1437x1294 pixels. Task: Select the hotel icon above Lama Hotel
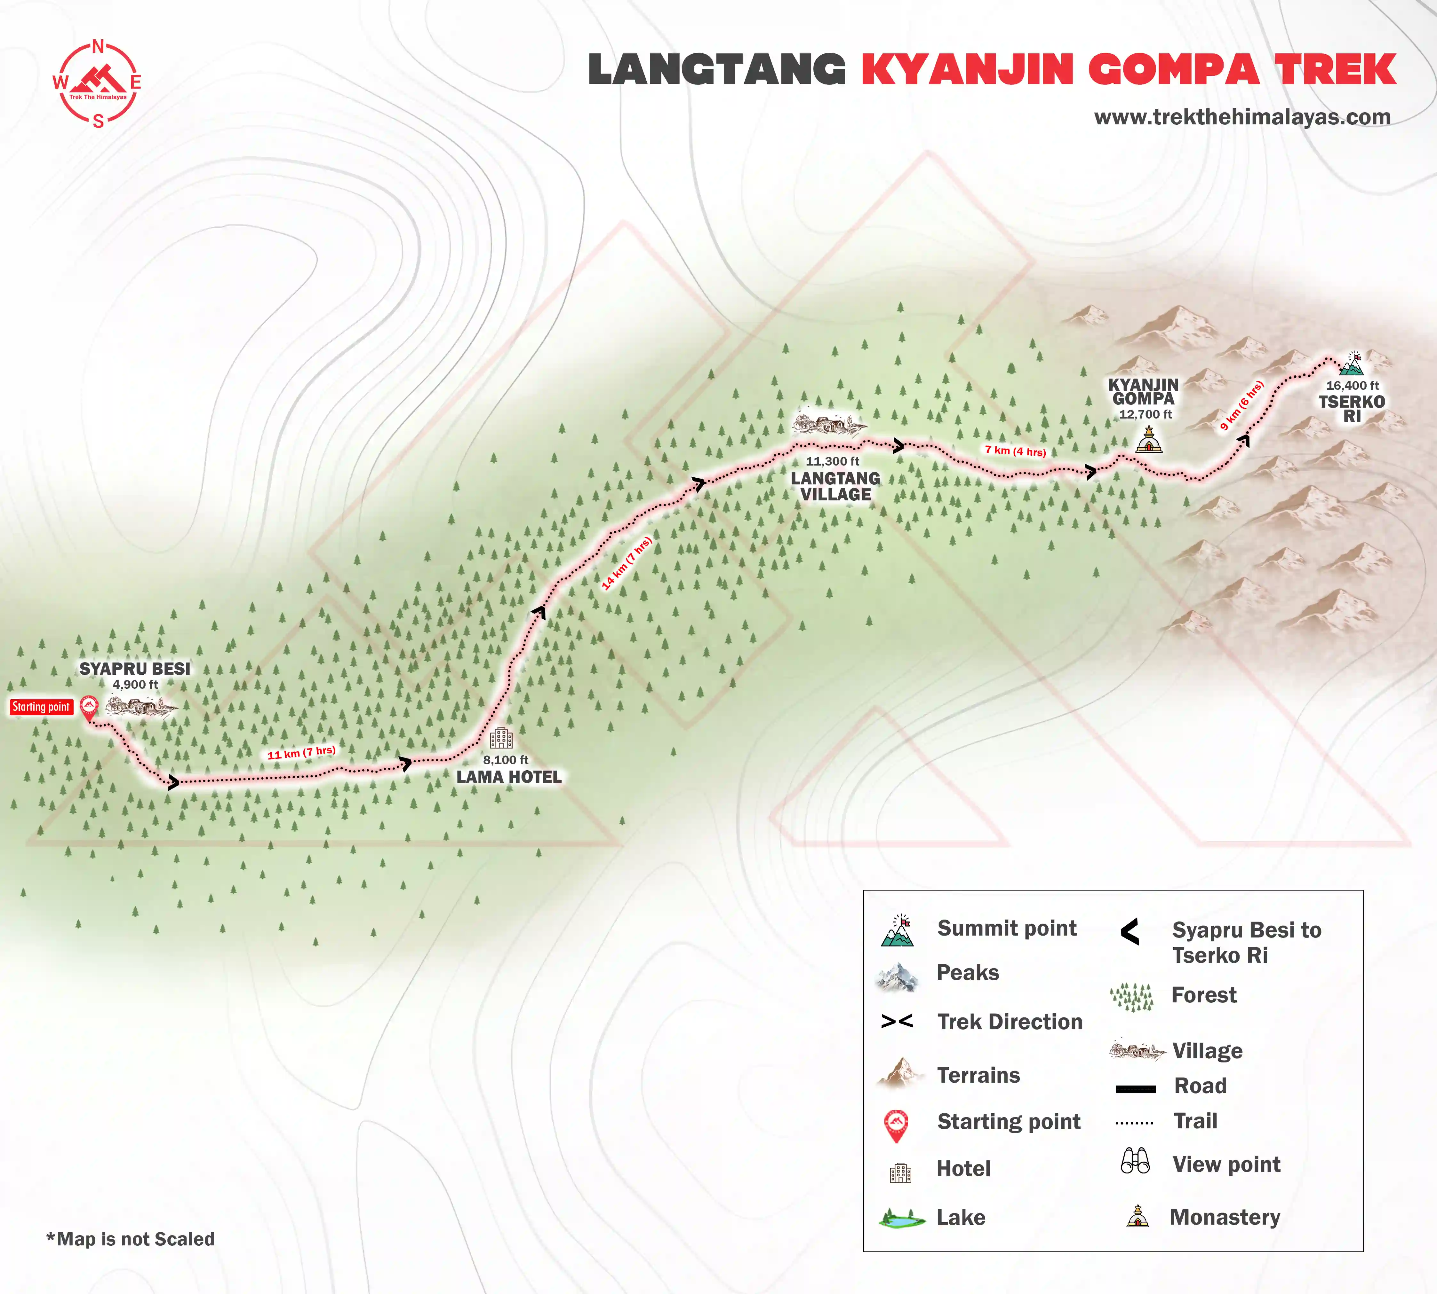501,738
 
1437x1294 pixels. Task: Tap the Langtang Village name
835,486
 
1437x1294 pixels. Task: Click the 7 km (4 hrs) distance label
1015,451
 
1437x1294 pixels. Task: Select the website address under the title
1242,117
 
